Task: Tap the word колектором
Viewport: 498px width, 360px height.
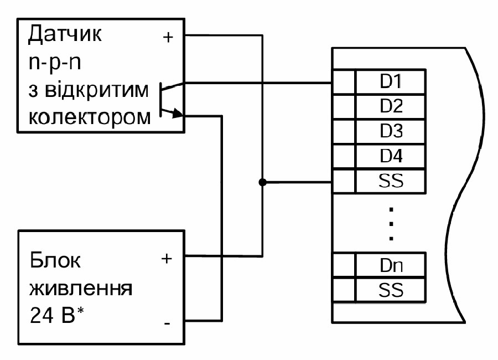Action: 89,117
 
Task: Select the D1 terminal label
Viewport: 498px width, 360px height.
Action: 390,81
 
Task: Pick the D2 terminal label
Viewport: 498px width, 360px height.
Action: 390,105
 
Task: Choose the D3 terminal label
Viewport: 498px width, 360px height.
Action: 390,131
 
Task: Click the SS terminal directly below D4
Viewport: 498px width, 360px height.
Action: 390,181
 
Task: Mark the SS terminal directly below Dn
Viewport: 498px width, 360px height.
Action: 390,289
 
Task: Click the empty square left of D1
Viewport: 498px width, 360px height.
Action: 343,82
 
